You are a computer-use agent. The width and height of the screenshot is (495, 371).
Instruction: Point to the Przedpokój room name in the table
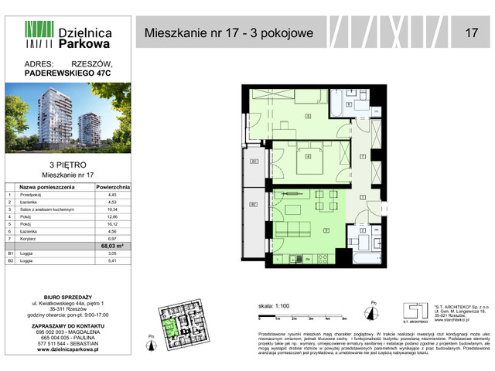32,195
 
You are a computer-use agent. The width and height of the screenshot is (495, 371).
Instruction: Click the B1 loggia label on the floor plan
253,162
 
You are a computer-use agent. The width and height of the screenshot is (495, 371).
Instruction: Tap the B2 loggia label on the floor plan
253,204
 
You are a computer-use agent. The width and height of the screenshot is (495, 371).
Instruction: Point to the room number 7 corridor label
364,157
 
